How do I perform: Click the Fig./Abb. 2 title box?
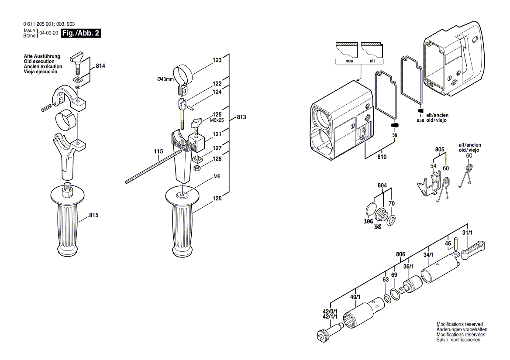click(81, 33)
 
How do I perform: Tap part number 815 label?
click(94, 215)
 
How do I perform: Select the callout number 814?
click(100, 66)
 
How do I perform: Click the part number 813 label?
click(241, 117)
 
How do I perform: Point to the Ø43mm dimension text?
click(165, 79)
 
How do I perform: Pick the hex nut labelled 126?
click(197, 168)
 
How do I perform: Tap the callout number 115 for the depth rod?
click(158, 152)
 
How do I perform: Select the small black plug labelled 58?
click(394, 126)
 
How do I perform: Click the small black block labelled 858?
click(421, 111)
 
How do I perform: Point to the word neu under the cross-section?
click(349, 61)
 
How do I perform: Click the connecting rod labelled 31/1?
click(472, 250)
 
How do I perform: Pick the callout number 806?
click(400, 254)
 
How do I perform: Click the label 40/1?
click(355, 297)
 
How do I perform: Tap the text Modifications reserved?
click(459, 324)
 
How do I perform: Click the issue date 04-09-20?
click(49, 33)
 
